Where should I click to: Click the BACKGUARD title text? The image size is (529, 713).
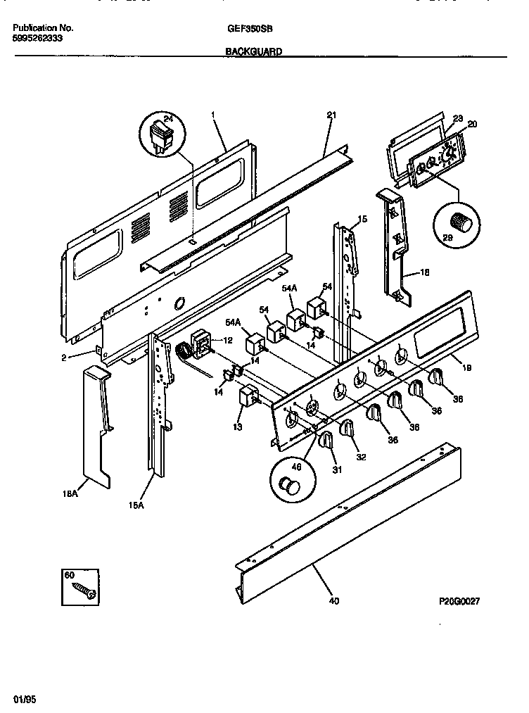[x=254, y=51]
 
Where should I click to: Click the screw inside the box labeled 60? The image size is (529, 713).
[x=85, y=589]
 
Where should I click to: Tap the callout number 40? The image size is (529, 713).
[x=333, y=601]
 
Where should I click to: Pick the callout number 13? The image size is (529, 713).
[x=237, y=427]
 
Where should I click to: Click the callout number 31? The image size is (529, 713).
[x=337, y=470]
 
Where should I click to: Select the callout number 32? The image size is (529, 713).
[x=360, y=456]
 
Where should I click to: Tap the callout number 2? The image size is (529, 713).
[x=63, y=358]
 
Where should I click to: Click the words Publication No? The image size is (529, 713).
[x=43, y=29]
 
